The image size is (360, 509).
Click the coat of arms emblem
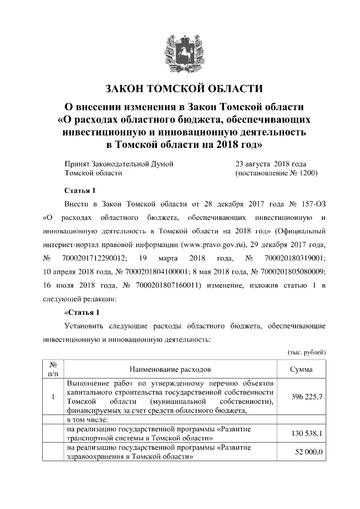[x=180, y=51]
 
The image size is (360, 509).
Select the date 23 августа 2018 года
[x=271, y=164]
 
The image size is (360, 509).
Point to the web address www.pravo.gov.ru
[x=210, y=245]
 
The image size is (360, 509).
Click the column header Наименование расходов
[x=170, y=370]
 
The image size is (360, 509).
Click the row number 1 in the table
[x=52, y=397]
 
